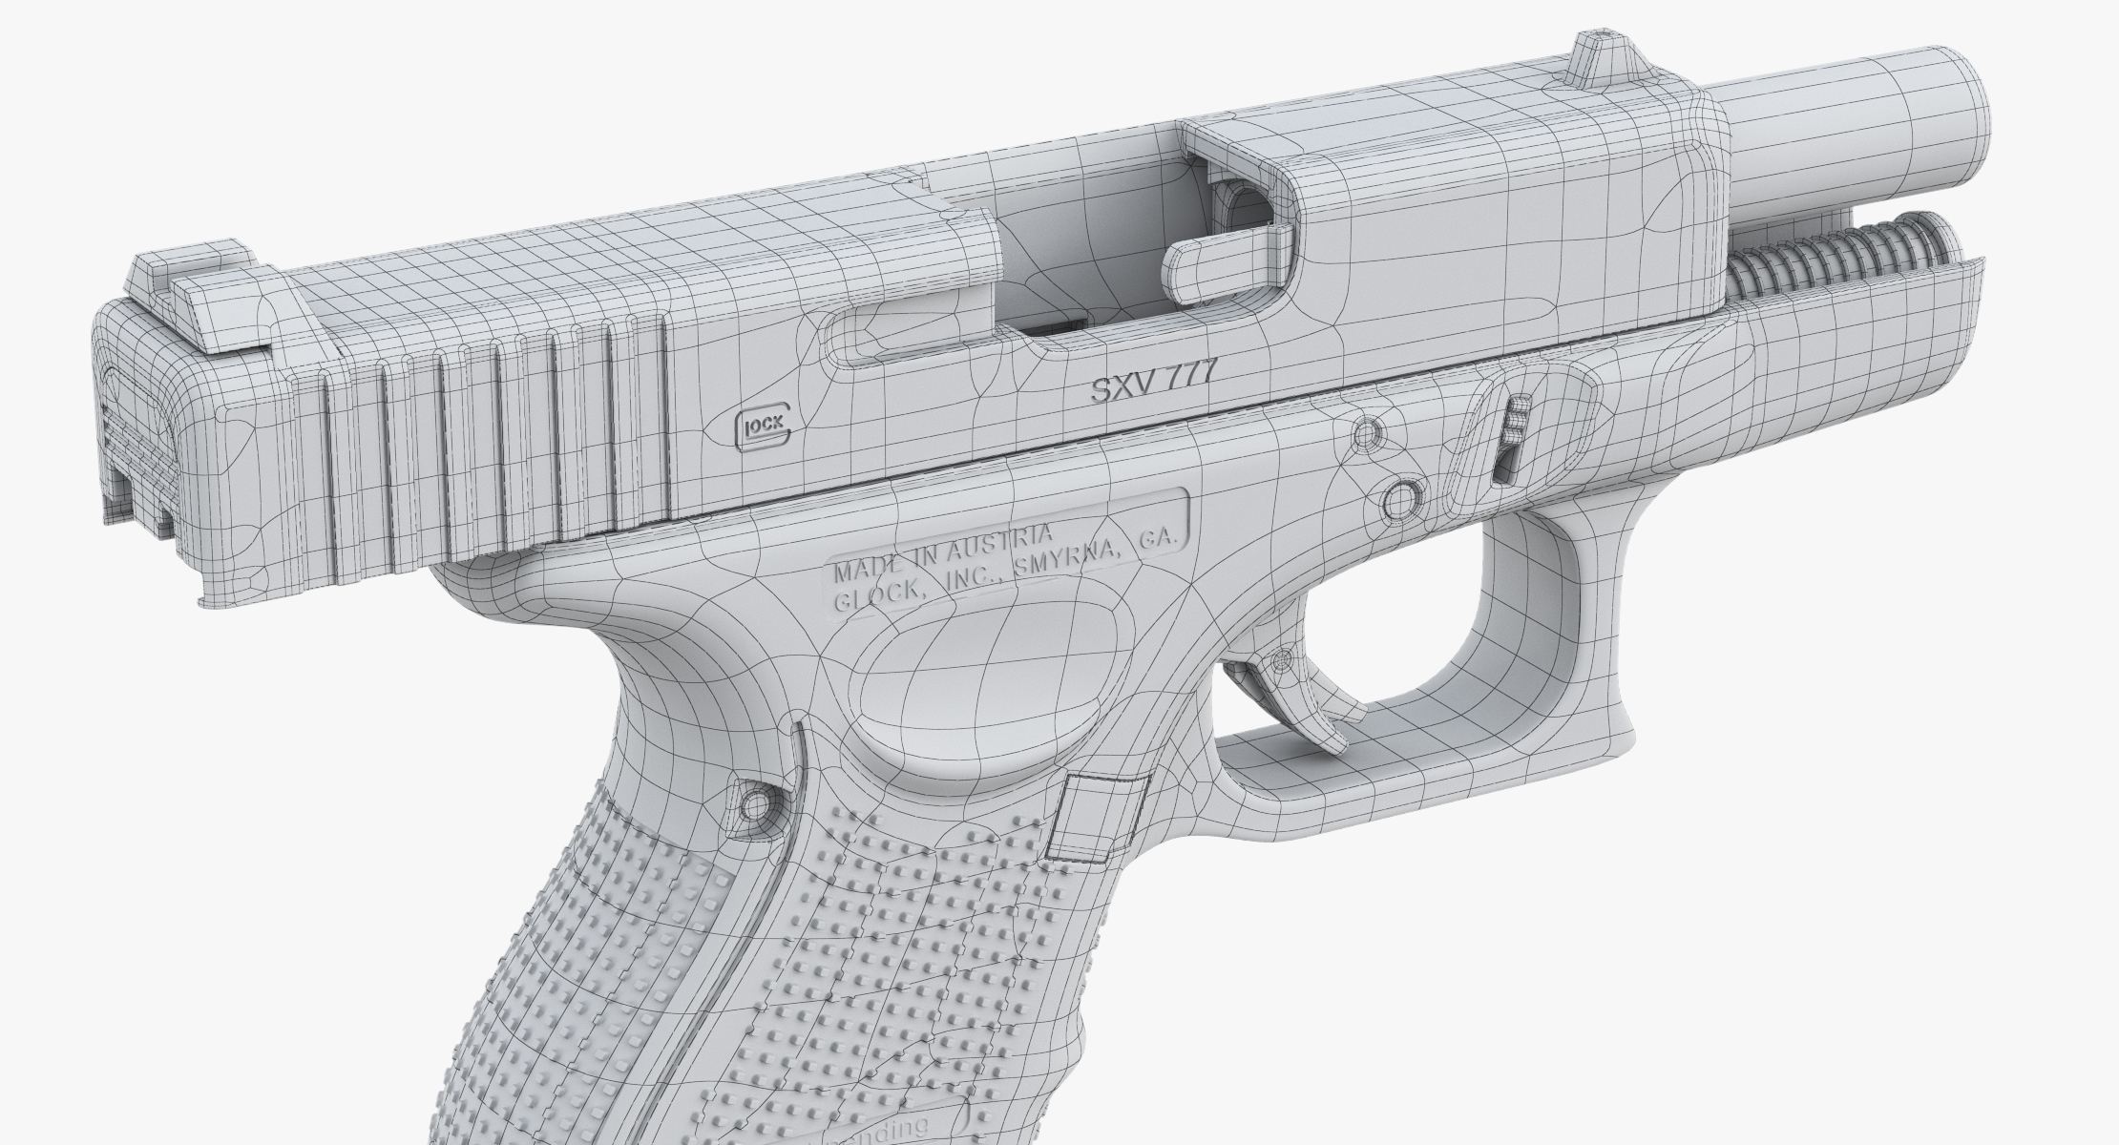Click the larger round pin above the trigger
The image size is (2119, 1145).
1401,497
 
